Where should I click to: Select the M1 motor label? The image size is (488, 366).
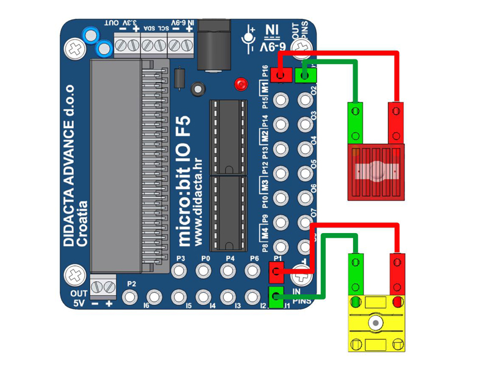(265, 87)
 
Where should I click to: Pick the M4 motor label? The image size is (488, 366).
(265, 232)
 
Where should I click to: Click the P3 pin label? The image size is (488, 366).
(181, 259)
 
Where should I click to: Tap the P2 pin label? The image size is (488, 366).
(131, 284)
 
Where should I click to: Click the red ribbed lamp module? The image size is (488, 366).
(376, 173)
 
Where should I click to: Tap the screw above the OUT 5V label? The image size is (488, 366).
(75, 275)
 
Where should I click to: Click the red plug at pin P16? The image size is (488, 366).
(280, 75)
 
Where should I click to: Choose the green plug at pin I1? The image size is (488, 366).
(276, 297)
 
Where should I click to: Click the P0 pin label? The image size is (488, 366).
(206, 259)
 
